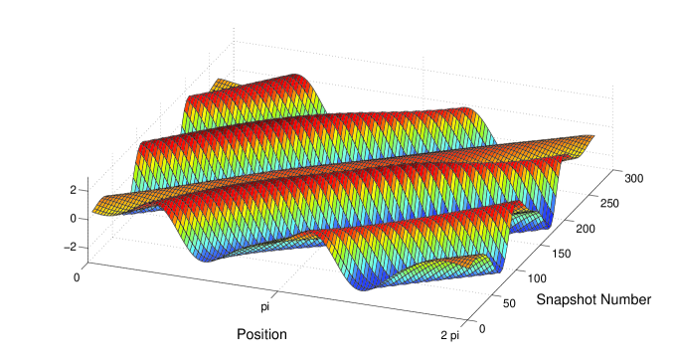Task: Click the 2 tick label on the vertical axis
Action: pos(73,190)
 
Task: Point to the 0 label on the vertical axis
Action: pos(73,219)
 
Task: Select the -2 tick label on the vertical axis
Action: pos(70,247)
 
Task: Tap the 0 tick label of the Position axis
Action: pos(77,277)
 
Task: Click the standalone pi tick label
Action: pos(265,307)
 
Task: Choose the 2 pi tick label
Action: pos(450,335)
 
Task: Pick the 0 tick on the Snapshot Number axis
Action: pos(482,329)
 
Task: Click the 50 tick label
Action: pos(509,303)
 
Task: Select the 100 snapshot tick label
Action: pos(537,278)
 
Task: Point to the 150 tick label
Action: pos(562,254)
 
